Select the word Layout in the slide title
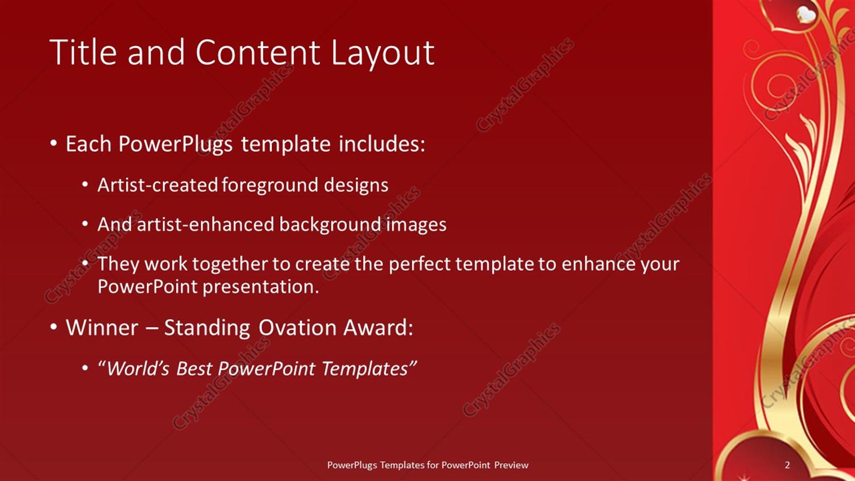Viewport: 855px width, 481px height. point(383,52)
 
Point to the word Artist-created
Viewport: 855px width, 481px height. point(157,185)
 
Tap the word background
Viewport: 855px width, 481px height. point(330,225)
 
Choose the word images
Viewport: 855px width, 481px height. point(416,225)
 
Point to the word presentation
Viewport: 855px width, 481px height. point(260,287)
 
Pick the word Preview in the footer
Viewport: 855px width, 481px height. point(511,465)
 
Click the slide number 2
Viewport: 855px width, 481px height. point(787,465)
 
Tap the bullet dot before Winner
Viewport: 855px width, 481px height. point(53,327)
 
